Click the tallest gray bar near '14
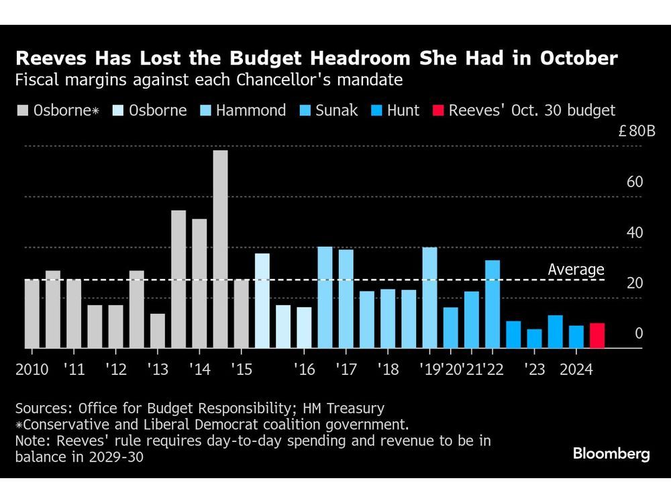pyautogui.click(x=220, y=249)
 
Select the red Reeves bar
pyautogui.click(x=597, y=335)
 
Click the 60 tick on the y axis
pyautogui.click(x=634, y=182)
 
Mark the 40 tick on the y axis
pyautogui.click(x=634, y=233)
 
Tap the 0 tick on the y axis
pyautogui.click(x=638, y=333)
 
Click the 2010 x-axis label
pyautogui.click(x=32, y=370)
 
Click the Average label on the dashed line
pyautogui.click(x=576, y=270)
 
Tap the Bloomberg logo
pyautogui.click(x=611, y=454)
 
